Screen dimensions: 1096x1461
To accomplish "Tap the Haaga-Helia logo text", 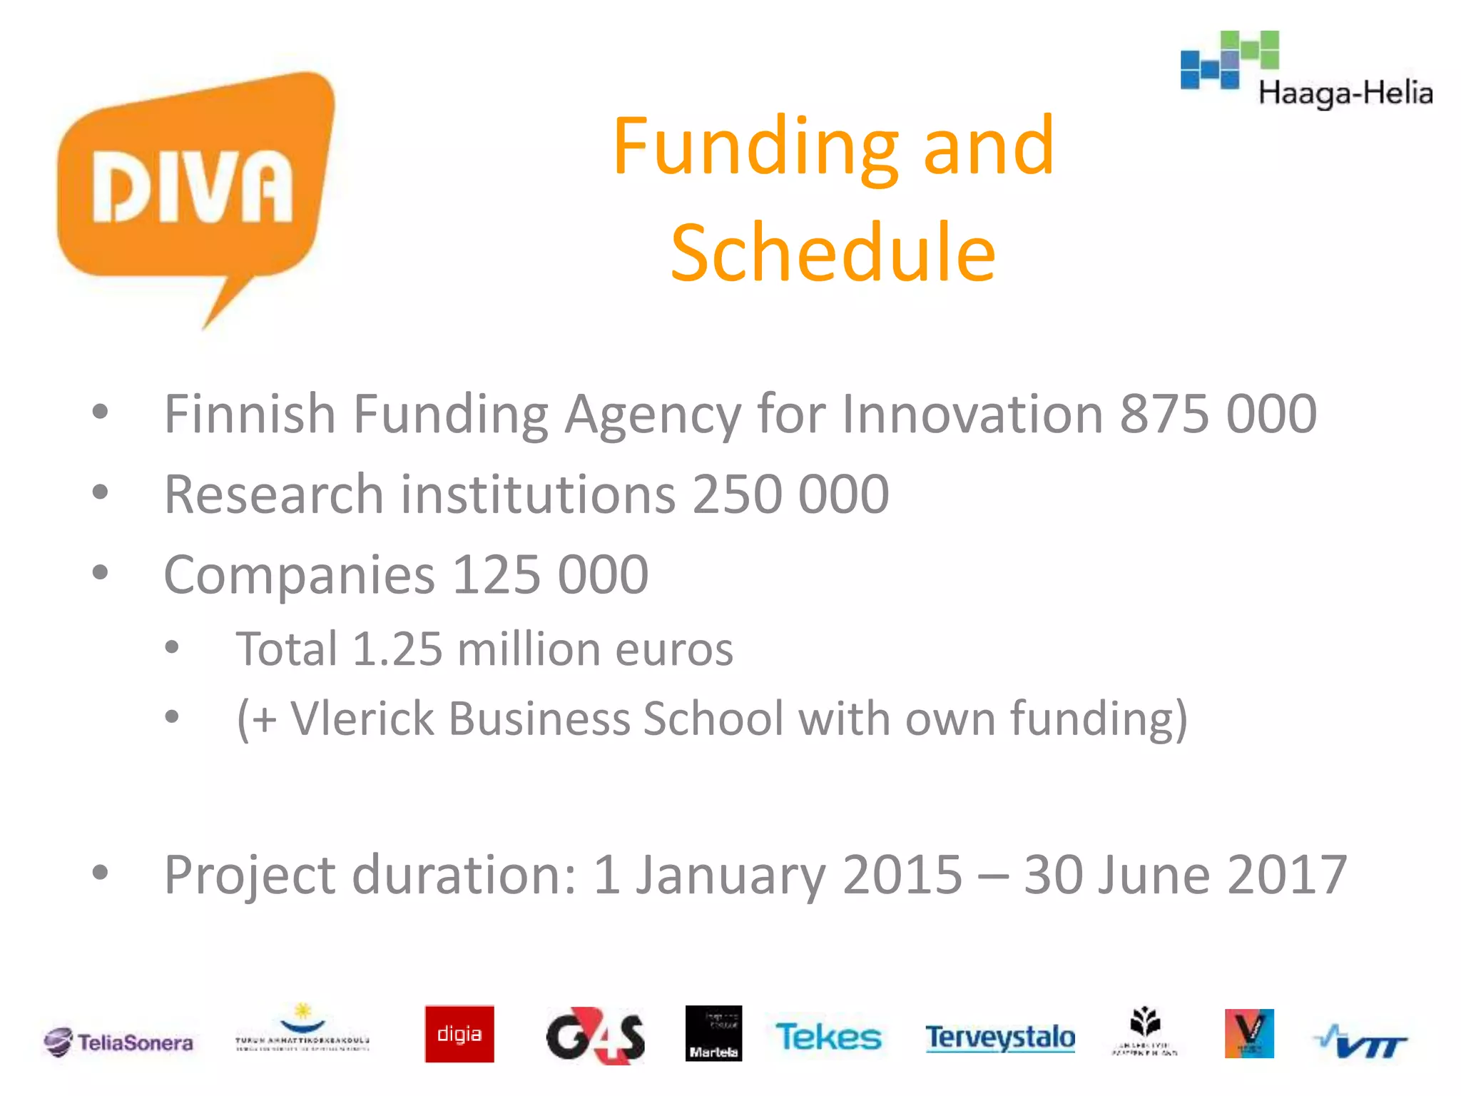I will point(1345,93).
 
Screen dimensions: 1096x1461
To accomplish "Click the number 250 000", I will point(790,494).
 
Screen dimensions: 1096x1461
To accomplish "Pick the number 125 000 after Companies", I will point(550,574).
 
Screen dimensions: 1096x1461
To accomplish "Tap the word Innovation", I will point(973,414).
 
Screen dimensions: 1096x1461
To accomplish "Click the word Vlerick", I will point(362,718).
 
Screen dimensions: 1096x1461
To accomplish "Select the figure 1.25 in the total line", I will point(397,649).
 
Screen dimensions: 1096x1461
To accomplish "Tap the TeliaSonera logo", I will point(118,1042).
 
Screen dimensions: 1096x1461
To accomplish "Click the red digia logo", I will point(459,1034).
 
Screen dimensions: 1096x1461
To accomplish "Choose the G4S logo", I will point(595,1036).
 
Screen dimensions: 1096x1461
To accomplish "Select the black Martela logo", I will point(713,1033).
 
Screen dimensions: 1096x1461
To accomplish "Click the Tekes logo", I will point(828,1037).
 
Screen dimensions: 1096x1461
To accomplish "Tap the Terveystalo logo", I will point(1000,1037).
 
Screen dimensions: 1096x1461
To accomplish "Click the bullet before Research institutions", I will point(101,492).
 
